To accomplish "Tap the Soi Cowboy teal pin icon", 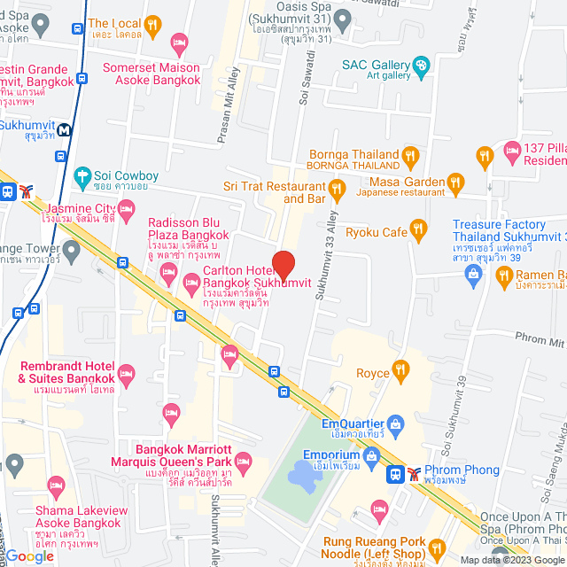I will coord(83,175).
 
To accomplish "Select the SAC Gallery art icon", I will coord(422,64).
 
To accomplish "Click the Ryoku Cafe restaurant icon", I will coord(419,231).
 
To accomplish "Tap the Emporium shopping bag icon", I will coord(370,454).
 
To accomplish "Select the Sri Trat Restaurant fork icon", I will coord(336,187).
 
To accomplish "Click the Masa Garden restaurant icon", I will coord(456,183).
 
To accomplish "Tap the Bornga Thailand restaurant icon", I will coord(410,157).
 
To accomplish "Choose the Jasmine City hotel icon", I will coord(126,210).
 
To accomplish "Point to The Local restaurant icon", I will coord(152,25).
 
